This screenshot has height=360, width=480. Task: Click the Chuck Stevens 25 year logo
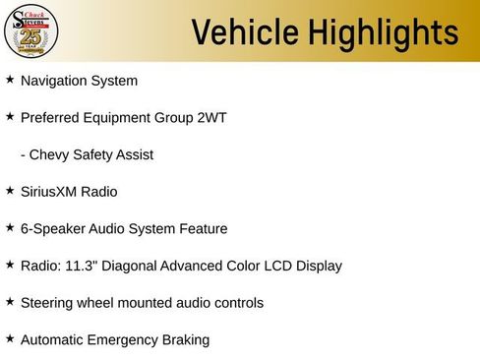tap(31, 31)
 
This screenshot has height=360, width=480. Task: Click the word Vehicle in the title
tap(245, 32)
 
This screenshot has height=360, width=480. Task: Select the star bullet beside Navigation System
tap(10, 79)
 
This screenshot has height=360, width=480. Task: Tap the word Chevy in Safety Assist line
tap(50, 155)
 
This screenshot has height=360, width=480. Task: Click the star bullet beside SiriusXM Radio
tap(10, 190)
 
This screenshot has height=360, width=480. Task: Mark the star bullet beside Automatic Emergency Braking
tap(10, 337)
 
